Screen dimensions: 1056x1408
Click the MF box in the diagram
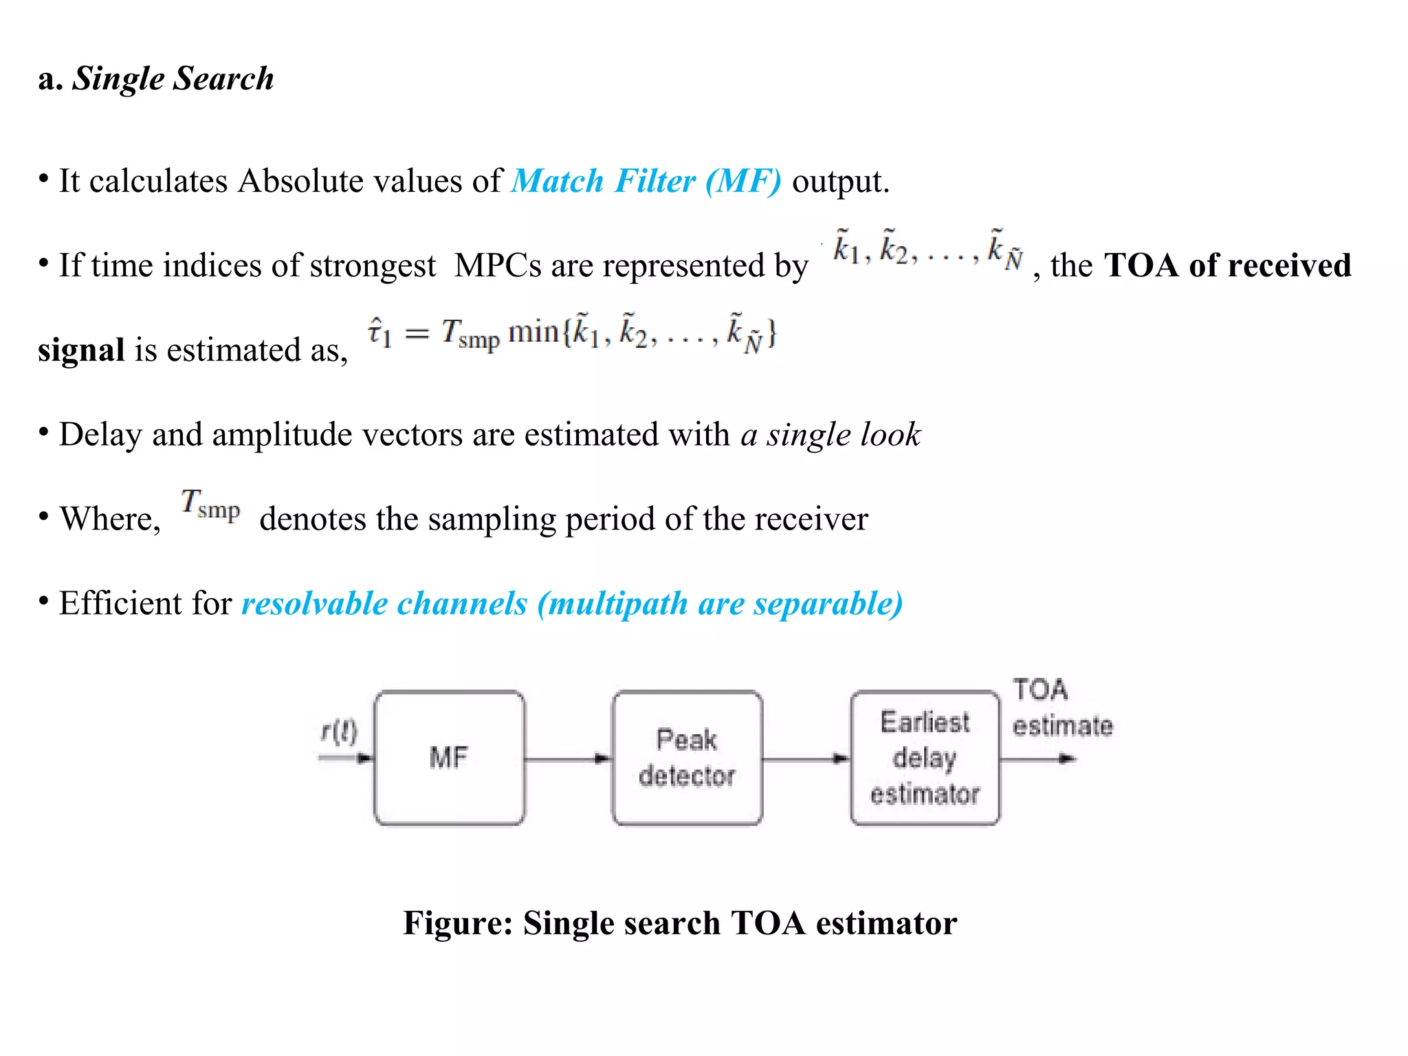pos(450,758)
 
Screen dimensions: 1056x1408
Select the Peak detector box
pos(687,758)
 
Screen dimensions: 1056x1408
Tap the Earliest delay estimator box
pos(925,758)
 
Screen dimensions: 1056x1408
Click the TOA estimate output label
pos(1061,708)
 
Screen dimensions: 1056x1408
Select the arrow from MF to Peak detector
pos(568,759)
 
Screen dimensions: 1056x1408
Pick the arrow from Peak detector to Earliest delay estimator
pos(806,759)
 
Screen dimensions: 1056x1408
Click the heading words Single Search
pos(173,78)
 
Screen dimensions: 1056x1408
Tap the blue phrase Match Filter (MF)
pos(646,181)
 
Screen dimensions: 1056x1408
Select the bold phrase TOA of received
pos(1228,265)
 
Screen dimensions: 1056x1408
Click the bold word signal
pos(81,350)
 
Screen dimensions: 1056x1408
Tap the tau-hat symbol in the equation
pos(379,333)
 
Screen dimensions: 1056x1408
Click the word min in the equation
pos(533,333)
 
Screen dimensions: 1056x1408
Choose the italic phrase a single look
pos(830,434)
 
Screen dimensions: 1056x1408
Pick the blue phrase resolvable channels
pos(384,604)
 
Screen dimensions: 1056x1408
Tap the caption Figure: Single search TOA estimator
pos(680,923)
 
